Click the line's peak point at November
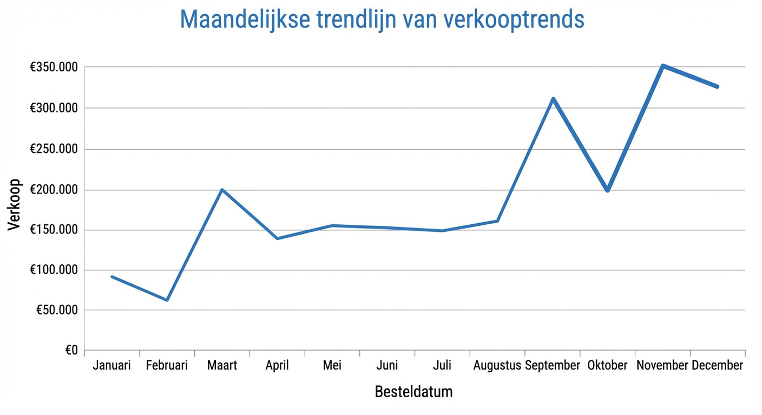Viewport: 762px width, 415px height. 662,65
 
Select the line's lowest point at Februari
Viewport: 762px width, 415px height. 167,300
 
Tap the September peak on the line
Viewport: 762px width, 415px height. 553,98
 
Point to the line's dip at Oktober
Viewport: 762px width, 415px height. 607,190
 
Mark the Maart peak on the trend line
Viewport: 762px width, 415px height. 222,190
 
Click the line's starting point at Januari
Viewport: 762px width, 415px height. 112,277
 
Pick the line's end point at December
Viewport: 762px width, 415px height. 718,86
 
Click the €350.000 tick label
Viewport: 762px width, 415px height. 54,68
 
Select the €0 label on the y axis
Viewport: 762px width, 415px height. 71,351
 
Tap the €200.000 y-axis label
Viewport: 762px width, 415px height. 54,190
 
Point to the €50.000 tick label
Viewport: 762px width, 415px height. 57,310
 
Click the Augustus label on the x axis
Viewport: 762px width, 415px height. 497,366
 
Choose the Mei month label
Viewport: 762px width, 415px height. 332,366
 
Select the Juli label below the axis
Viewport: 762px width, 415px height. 442,366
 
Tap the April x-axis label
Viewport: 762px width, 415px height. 277,366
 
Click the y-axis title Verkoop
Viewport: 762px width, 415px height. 14,205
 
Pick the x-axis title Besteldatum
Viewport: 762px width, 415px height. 413,391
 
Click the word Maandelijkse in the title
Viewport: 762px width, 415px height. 245,19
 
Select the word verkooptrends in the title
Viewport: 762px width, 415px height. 513,19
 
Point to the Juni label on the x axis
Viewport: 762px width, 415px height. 387,366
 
